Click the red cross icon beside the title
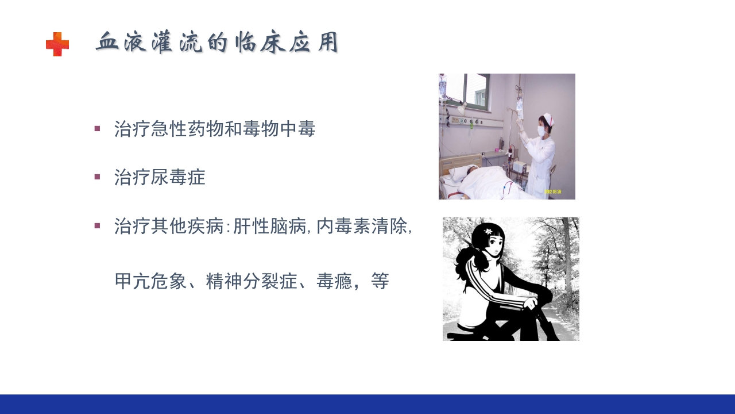click(x=57, y=44)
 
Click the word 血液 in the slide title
click(x=121, y=43)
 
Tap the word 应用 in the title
click(x=314, y=43)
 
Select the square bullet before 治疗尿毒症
click(x=97, y=177)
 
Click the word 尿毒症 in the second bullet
click(x=179, y=177)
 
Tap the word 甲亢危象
click(x=150, y=281)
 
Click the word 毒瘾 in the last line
click(x=334, y=281)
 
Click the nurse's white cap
click(x=546, y=118)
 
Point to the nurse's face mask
click(x=540, y=131)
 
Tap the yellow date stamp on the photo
click(x=552, y=191)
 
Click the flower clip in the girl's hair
click(x=488, y=232)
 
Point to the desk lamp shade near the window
click(x=462, y=108)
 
